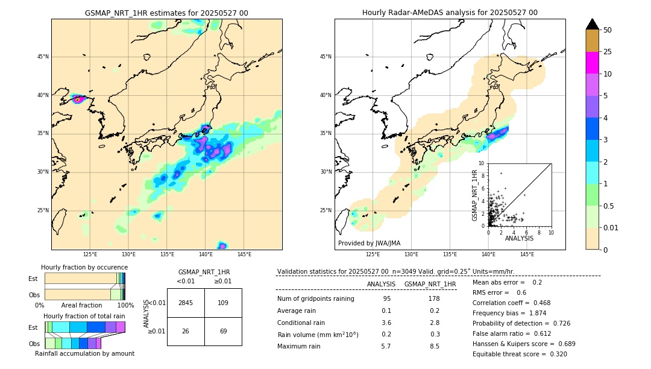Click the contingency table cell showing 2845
tap(186, 303)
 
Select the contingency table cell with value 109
tap(223, 303)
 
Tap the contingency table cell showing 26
tap(186, 332)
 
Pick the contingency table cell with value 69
tap(223, 332)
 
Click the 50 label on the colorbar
tap(608, 30)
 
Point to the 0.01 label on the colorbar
tap(611, 227)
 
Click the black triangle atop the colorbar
tap(592, 24)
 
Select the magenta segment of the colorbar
tap(592, 63)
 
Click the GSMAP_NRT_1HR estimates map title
tap(166, 13)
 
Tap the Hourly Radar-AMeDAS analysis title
tap(450, 13)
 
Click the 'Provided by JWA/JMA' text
tap(369, 244)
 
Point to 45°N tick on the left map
tap(42, 57)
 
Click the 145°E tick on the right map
tap(527, 254)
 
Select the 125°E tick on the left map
tap(90, 254)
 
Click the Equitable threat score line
tap(520, 354)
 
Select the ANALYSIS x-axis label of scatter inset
tap(519, 238)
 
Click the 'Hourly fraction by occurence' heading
tap(84, 267)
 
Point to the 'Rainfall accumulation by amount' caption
tap(84, 353)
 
